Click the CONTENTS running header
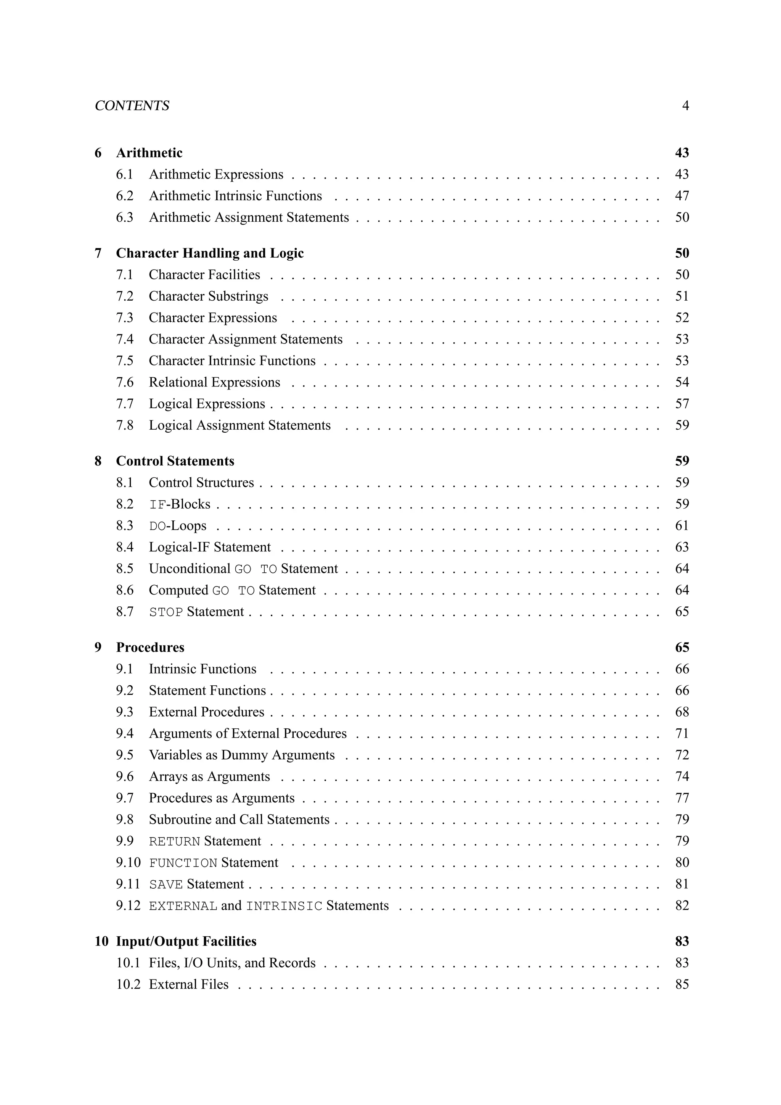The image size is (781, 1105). click(x=132, y=105)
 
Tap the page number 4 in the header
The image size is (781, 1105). click(x=685, y=105)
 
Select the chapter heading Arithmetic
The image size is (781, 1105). click(x=149, y=153)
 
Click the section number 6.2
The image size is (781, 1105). click(x=125, y=196)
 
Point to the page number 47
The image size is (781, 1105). click(x=682, y=196)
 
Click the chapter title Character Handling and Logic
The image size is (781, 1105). click(x=210, y=253)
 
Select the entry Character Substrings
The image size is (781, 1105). click(x=208, y=296)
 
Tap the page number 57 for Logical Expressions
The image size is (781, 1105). click(x=682, y=404)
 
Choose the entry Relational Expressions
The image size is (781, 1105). click(x=214, y=382)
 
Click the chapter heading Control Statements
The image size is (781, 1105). click(x=175, y=461)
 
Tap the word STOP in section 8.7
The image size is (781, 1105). click(x=166, y=612)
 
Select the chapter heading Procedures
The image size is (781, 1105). click(x=150, y=647)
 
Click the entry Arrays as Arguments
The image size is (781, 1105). click(x=209, y=776)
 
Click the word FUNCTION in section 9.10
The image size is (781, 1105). click(x=183, y=863)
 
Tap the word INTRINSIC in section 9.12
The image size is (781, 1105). click(x=284, y=906)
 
